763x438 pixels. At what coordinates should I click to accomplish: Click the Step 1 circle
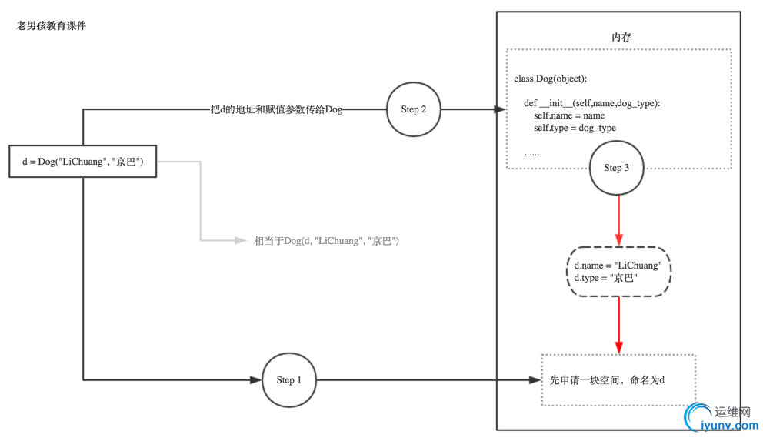pyautogui.click(x=288, y=379)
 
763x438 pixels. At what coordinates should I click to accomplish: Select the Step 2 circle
pyautogui.click(x=414, y=109)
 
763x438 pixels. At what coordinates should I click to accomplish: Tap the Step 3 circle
pyautogui.click(x=616, y=168)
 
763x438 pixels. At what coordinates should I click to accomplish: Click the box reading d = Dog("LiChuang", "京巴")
pyautogui.click(x=82, y=161)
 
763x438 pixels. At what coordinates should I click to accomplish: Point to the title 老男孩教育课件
pyautogui.click(x=52, y=25)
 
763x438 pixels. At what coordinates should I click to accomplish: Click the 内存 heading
pyautogui.click(x=621, y=37)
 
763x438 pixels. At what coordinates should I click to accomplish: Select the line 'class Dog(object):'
pyautogui.click(x=550, y=79)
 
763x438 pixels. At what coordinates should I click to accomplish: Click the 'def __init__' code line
pyautogui.click(x=591, y=103)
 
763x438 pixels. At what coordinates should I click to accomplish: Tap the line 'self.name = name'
pyautogui.click(x=569, y=115)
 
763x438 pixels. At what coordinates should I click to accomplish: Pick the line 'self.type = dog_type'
pyautogui.click(x=575, y=128)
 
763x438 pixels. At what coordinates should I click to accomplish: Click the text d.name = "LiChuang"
pyautogui.click(x=618, y=266)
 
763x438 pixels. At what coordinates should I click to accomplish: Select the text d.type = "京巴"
pyautogui.click(x=605, y=278)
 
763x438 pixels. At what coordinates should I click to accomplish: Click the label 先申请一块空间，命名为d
pyautogui.click(x=607, y=380)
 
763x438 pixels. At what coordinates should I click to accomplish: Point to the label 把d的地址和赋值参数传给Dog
pyautogui.click(x=276, y=109)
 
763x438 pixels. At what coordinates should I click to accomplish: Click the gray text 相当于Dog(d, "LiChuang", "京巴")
pyautogui.click(x=326, y=241)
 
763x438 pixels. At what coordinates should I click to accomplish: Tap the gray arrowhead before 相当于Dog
pyautogui.click(x=241, y=241)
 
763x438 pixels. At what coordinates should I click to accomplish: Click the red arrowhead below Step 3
pyautogui.click(x=618, y=239)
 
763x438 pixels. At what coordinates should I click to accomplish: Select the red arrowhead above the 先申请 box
pyautogui.click(x=618, y=347)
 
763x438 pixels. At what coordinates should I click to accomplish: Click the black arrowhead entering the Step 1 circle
pyautogui.click(x=255, y=379)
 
